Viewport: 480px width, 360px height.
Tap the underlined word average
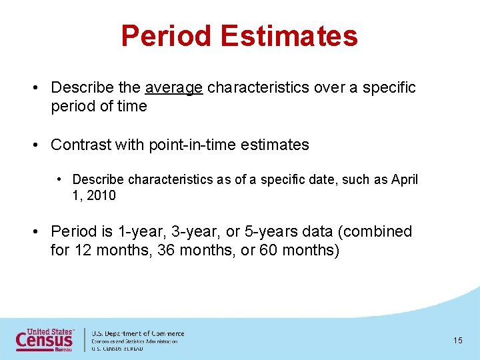click(173, 87)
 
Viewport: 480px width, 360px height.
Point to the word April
click(405, 179)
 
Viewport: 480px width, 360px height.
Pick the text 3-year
click(191, 231)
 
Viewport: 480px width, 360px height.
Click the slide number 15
click(457, 341)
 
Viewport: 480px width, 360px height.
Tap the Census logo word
click(44, 341)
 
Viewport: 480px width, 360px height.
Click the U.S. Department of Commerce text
click(137, 333)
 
